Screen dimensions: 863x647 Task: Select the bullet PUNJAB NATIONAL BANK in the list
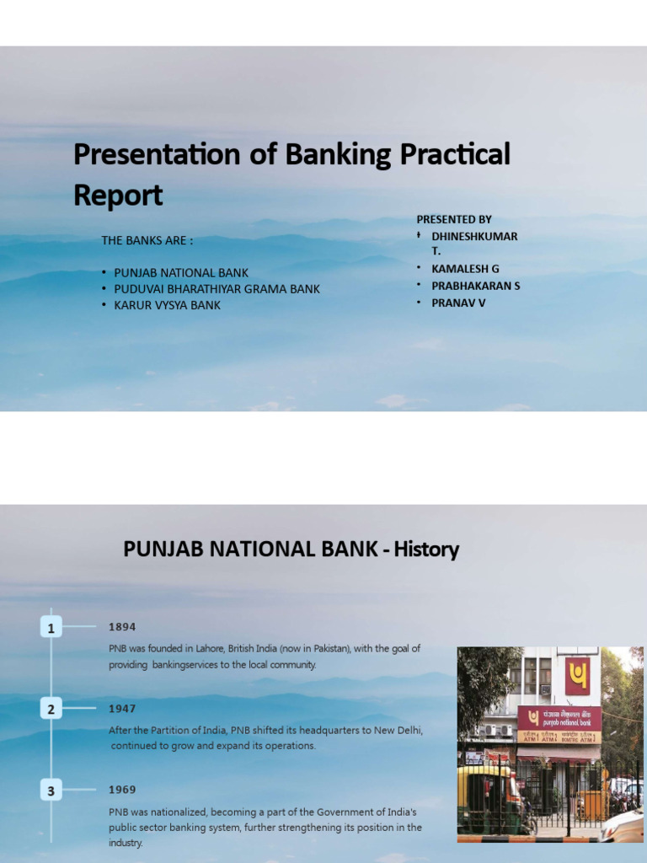tap(181, 273)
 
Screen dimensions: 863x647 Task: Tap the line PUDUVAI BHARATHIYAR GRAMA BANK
tap(217, 289)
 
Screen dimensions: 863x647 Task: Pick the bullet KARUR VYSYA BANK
tap(167, 305)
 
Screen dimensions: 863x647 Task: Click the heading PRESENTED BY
tap(454, 219)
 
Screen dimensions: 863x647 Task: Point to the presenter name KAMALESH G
tap(465, 268)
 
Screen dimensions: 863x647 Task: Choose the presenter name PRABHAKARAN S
tap(475, 286)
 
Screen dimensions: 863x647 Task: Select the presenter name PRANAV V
tap(458, 303)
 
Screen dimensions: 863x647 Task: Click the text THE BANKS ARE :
tap(147, 240)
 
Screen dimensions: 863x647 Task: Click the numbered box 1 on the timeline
tap(51, 628)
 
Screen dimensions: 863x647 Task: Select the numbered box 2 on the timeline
tap(51, 709)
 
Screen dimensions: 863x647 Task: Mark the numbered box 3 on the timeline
tap(51, 791)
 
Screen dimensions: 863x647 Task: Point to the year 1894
tap(122, 627)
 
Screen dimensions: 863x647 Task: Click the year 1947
tap(122, 709)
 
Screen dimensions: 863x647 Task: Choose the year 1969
tap(122, 790)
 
